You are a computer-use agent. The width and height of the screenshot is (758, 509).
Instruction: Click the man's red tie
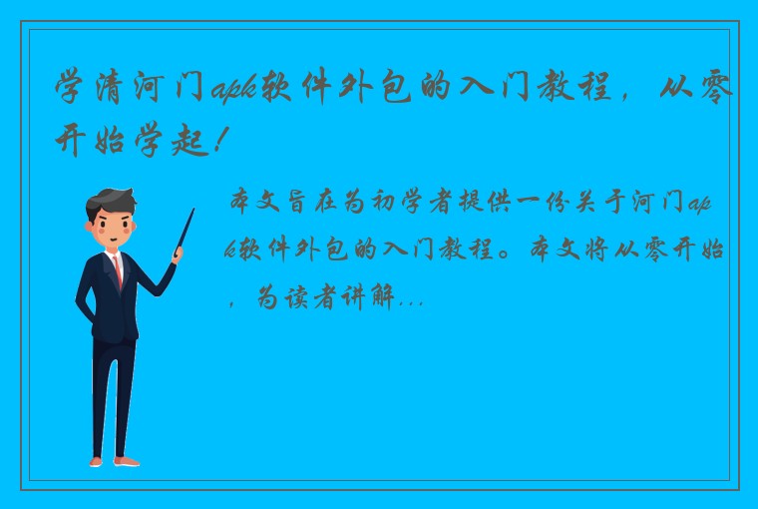[118, 269]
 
